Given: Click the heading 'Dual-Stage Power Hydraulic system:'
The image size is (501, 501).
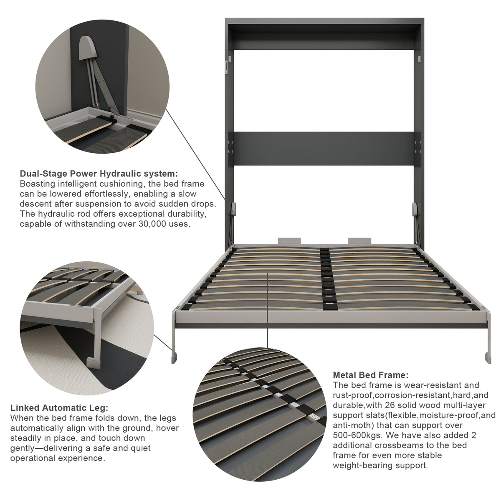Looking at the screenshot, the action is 99,174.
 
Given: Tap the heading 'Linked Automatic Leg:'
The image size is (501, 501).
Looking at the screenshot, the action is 59,407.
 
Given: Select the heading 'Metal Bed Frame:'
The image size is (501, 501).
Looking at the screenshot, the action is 371,375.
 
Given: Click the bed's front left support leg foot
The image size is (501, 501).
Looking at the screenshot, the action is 174,358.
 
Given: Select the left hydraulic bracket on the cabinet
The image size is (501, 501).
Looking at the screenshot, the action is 233,209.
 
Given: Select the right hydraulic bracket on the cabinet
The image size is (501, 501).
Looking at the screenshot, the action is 415,209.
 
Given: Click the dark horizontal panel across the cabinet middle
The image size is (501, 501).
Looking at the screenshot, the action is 324,149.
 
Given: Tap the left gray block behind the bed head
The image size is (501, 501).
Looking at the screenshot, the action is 289,241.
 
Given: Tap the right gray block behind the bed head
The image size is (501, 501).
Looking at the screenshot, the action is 359,241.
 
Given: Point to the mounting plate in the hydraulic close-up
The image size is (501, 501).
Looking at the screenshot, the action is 88,48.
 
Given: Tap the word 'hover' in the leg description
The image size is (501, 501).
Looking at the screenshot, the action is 167,428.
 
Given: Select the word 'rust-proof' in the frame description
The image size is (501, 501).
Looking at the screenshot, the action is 353,395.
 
